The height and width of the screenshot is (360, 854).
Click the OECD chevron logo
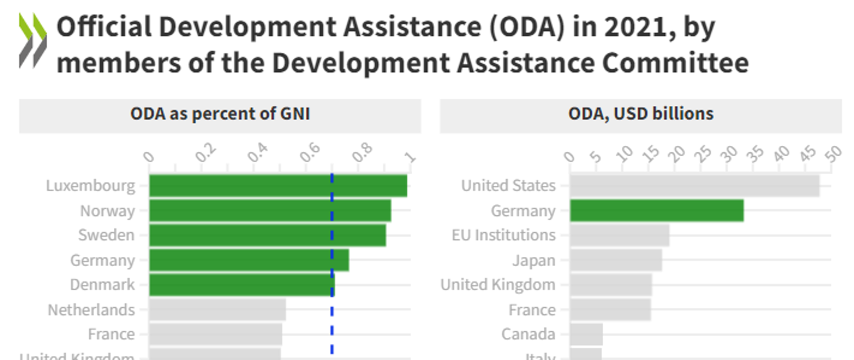(33, 40)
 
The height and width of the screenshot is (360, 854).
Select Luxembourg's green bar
(278, 186)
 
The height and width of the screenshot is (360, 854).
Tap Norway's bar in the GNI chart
(270, 211)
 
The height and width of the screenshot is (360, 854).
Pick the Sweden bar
(268, 235)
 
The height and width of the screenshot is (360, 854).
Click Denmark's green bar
(242, 285)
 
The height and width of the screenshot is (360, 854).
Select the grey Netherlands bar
(217, 310)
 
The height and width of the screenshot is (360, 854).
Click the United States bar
(695, 186)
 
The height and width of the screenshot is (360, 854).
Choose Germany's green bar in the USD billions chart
(657, 211)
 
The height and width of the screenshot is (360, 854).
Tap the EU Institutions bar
(619, 235)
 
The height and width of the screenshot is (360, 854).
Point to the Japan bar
(615, 260)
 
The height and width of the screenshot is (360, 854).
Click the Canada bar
(586, 334)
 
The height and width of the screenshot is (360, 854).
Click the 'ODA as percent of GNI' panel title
(220, 114)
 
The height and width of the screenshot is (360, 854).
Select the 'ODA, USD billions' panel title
(640, 114)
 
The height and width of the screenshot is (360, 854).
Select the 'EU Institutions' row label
(504, 235)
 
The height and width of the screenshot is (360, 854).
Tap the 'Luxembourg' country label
(91, 186)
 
